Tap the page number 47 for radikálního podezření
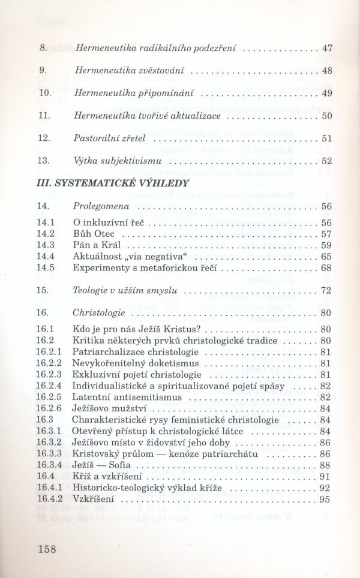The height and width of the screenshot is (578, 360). point(326,48)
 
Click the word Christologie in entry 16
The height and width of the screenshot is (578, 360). point(98,312)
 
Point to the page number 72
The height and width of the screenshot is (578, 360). point(326,290)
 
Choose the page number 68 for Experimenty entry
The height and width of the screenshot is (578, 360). point(326,267)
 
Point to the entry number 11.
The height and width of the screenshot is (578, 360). point(43,116)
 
